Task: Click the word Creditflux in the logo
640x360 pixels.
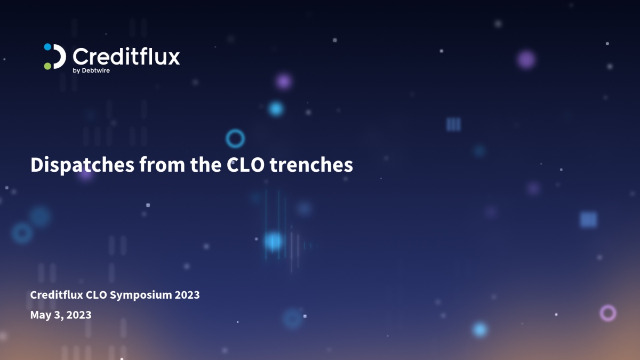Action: tap(126, 57)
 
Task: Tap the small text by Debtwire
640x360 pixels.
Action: tap(91, 70)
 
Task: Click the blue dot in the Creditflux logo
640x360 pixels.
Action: tap(47, 47)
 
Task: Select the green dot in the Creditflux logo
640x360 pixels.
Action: tap(47, 66)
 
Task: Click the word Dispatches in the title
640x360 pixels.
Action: tap(82, 165)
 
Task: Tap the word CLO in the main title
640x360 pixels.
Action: tap(245, 165)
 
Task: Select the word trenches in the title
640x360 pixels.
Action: tap(311, 165)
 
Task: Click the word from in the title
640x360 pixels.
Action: tap(162, 165)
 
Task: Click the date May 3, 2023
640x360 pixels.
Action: tap(61, 315)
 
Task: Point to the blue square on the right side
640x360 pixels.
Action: tap(588, 220)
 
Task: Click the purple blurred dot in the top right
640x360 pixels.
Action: tap(526, 60)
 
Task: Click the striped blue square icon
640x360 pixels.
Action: tap(453, 125)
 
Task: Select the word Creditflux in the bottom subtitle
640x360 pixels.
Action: tap(57, 295)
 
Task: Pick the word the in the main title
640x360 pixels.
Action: tap(206, 165)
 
